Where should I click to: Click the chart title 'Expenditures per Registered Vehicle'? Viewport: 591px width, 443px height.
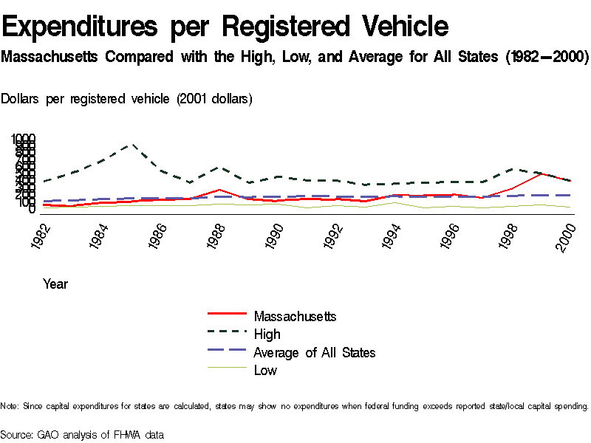pyautogui.click(x=225, y=27)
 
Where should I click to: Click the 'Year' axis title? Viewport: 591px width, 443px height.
pyautogui.click(x=55, y=284)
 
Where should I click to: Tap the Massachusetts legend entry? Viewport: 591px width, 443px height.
pyautogui.click(x=295, y=316)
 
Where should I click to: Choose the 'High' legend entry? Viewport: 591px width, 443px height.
pyautogui.click(x=267, y=334)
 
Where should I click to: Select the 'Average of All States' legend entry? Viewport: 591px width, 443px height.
pyautogui.click(x=314, y=353)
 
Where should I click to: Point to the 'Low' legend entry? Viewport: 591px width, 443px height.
pyautogui.click(x=265, y=371)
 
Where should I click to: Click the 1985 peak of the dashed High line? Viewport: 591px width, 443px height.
pyautogui.click(x=132, y=145)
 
